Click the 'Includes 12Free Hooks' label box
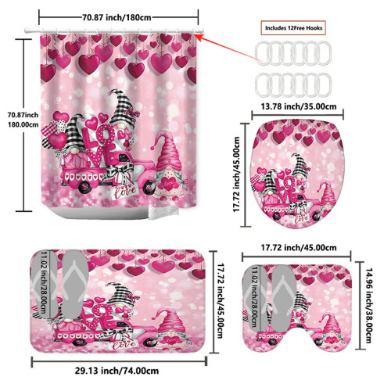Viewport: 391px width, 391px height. [x=293, y=27]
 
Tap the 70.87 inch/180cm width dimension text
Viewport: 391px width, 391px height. [x=117, y=17]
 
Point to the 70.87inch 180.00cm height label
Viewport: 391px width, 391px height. [x=23, y=120]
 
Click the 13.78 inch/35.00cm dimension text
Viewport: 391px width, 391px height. [x=299, y=106]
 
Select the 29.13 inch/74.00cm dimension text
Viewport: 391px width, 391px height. [x=117, y=371]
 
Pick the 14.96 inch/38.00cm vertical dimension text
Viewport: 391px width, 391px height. [x=368, y=306]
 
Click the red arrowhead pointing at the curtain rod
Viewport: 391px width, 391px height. [x=199, y=38]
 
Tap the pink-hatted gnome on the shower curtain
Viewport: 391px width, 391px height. [x=169, y=166]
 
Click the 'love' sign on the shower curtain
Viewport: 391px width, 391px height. [x=123, y=192]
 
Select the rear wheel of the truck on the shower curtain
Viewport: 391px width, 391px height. [x=85, y=186]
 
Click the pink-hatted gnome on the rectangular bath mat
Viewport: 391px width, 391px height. [x=170, y=329]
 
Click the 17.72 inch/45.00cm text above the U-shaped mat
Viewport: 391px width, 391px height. [x=299, y=247]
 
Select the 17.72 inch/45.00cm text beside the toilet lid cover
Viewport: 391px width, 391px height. [x=236, y=174]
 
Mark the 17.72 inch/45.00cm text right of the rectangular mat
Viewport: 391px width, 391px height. [x=221, y=300]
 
